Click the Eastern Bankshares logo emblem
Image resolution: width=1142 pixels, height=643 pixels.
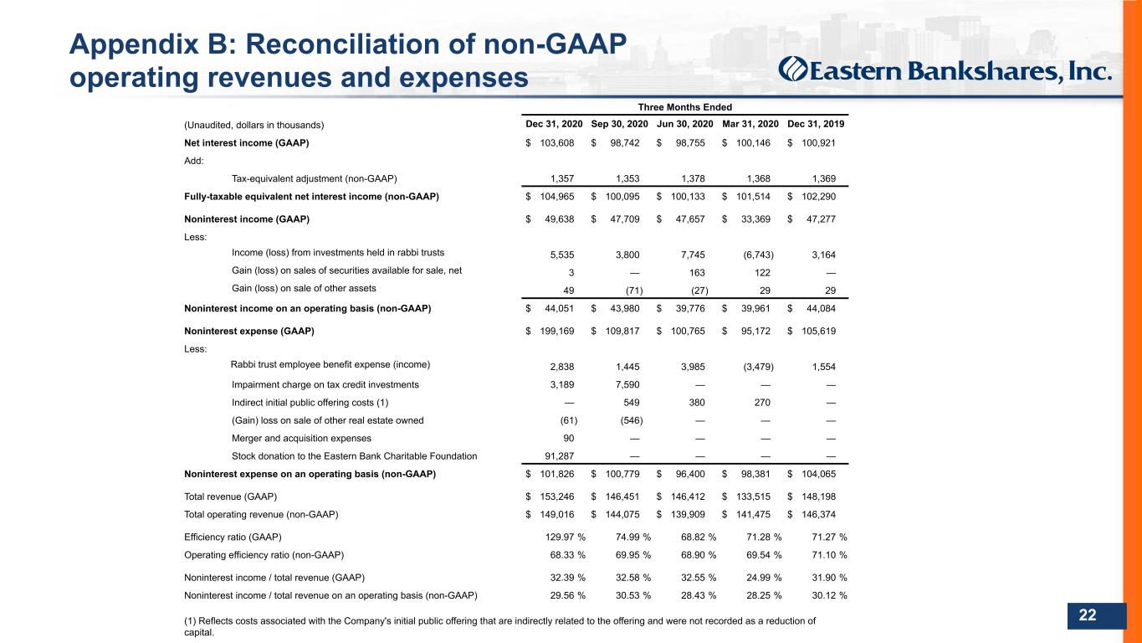pyautogui.click(x=792, y=69)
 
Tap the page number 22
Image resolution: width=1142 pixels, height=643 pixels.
pyautogui.click(x=1087, y=615)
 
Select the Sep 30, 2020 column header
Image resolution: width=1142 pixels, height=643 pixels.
pyautogui.click(x=619, y=124)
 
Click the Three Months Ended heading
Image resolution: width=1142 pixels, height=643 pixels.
pyautogui.click(x=684, y=107)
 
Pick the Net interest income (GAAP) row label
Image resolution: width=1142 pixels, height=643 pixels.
pyautogui.click(x=246, y=143)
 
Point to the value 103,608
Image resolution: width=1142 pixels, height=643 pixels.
pyautogui.click(x=556, y=143)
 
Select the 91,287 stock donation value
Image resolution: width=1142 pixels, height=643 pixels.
pyautogui.click(x=559, y=456)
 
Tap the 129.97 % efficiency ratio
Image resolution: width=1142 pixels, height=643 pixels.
pyautogui.click(x=566, y=537)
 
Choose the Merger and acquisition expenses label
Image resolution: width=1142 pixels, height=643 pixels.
pyautogui.click(x=301, y=439)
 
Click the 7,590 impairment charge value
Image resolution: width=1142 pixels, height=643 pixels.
pyautogui.click(x=627, y=385)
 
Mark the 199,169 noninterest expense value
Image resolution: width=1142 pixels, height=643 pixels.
pyautogui.click(x=556, y=332)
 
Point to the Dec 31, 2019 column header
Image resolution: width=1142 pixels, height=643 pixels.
pyautogui.click(x=816, y=124)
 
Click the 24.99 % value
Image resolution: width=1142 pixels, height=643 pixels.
pyautogui.click(x=764, y=578)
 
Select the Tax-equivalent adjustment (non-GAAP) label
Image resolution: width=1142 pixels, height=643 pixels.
pyautogui.click(x=314, y=178)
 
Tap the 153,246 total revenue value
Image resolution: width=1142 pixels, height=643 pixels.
pyautogui.click(x=556, y=496)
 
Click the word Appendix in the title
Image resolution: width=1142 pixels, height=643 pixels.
pyautogui.click(x=134, y=44)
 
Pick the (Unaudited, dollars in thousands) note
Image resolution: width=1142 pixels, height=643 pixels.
pyautogui.click(x=253, y=125)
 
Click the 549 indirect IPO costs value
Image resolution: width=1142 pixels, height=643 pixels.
pyautogui.click(x=631, y=403)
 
